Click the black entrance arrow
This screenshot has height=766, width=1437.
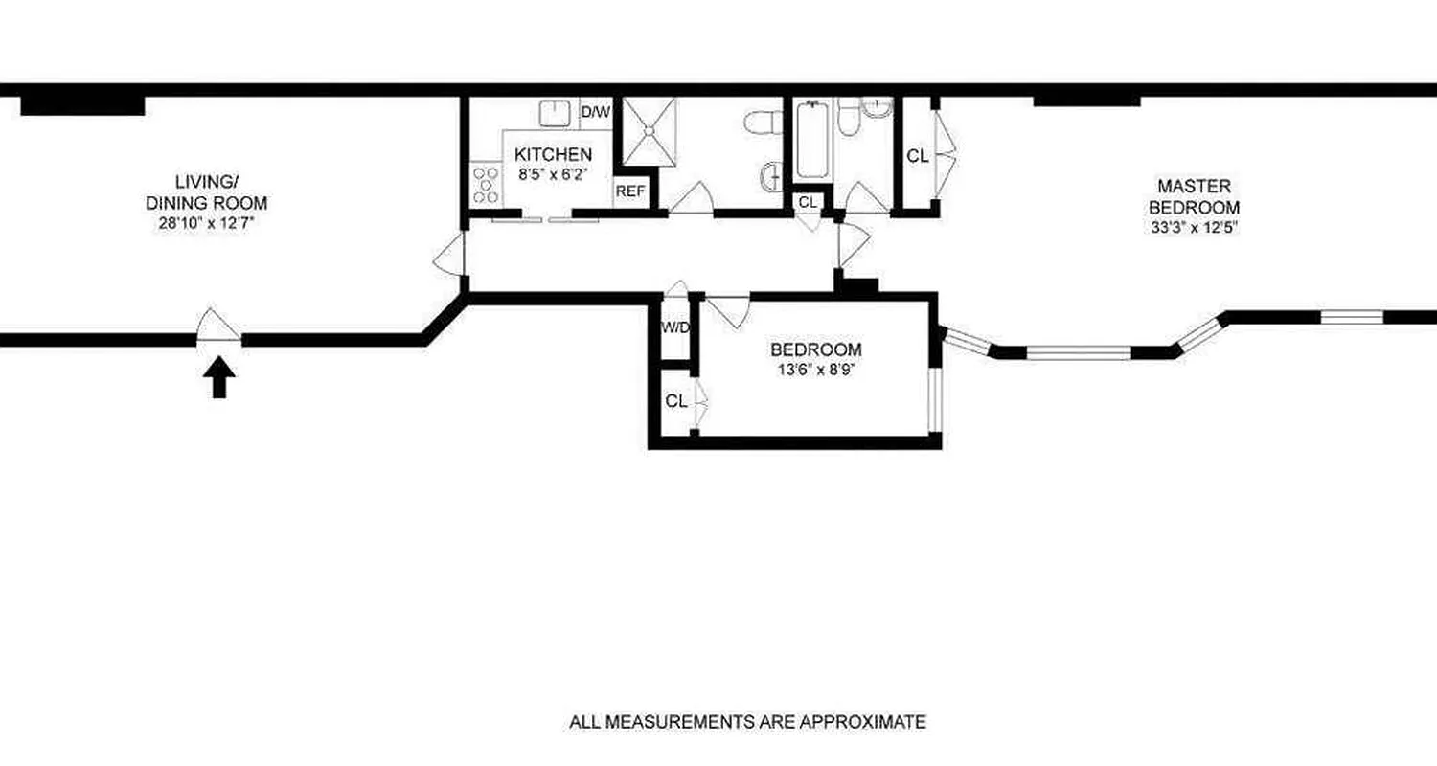tap(220, 377)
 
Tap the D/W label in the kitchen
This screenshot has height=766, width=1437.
tap(595, 112)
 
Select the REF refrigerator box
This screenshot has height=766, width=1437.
tap(630, 191)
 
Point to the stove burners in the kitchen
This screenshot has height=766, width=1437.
tap(486, 184)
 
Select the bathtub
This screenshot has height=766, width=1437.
tap(811, 141)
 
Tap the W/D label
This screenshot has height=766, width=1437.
tap(675, 327)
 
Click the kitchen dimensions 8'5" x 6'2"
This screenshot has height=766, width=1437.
tap(554, 174)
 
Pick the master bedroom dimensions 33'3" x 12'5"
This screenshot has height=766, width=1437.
tap(1194, 228)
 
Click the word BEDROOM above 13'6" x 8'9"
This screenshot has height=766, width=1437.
tap(816, 349)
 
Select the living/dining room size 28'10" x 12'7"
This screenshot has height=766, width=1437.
tap(206, 223)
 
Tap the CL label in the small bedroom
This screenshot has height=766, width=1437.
tap(675, 401)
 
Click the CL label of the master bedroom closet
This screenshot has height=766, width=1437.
tap(917, 157)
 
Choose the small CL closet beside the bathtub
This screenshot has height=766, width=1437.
tap(808, 202)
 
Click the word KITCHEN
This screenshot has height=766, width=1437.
tap(554, 154)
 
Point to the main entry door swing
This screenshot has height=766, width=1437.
tap(219, 327)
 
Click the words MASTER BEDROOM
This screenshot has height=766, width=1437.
tap(1194, 196)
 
